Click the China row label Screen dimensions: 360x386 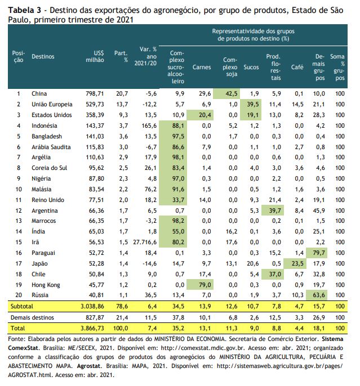(39, 93)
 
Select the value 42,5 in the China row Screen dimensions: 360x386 (232, 93)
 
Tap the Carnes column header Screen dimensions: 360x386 (202, 67)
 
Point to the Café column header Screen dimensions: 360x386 (297, 67)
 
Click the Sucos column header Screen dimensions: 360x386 (251, 67)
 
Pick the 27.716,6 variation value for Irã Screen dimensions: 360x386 (145, 242)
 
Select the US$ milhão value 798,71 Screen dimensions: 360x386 (95, 93)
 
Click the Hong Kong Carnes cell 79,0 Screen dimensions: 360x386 (205, 285)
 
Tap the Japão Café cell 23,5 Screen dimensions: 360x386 (297, 264)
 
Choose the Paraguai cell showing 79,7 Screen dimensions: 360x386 (319, 253)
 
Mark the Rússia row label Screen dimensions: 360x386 (40, 295)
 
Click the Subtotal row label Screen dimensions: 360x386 (22, 306)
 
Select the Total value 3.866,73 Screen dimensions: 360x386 (92, 328)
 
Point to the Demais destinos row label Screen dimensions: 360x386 (32, 317)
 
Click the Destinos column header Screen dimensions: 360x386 (43, 57)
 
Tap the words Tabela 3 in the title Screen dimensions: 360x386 (24, 10)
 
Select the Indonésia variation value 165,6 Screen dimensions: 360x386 (149, 126)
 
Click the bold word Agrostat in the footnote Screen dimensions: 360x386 (88, 366)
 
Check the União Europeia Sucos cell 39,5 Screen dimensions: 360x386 (253, 105)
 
